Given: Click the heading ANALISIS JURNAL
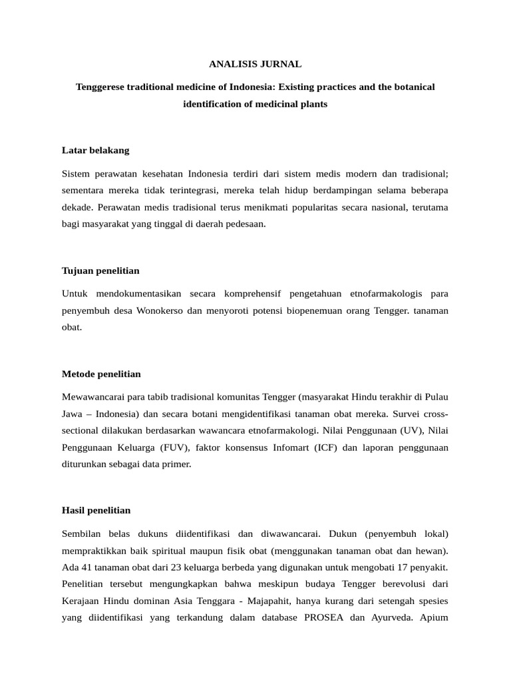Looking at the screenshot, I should [255, 64].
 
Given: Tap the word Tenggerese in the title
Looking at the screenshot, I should [98, 87].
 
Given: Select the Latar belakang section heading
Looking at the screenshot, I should [95, 150].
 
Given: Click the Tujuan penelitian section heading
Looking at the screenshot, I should [100, 270].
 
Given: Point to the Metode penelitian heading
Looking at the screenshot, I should [101, 374].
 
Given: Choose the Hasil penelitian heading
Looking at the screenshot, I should [96, 510].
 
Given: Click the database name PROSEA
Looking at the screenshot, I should [324, 617].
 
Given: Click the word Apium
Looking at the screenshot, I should [434, 617].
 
